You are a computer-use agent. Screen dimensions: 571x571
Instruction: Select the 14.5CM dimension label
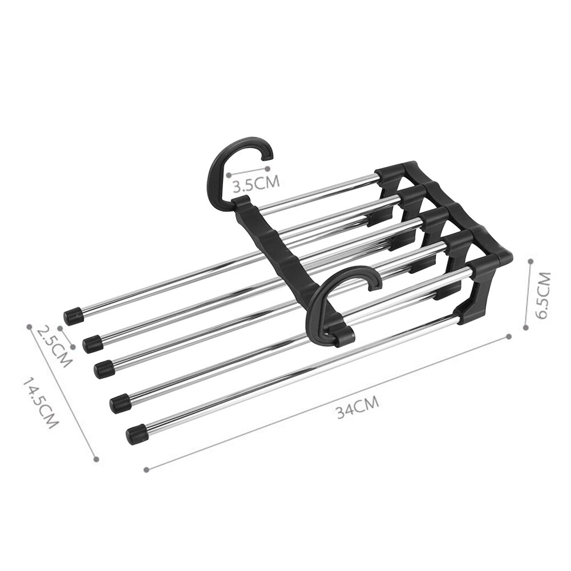click(x=42, y=402)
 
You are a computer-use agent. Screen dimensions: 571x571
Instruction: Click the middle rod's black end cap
click(x=104, y=368)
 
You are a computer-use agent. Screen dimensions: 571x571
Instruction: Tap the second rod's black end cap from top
click(x=92, y=343)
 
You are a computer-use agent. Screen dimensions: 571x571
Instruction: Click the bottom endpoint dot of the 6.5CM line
click(x=528, y=327)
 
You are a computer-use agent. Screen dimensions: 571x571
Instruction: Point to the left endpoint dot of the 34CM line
click(x=146, y=469)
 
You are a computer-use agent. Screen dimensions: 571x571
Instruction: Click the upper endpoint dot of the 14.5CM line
click(x=28, y=326)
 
